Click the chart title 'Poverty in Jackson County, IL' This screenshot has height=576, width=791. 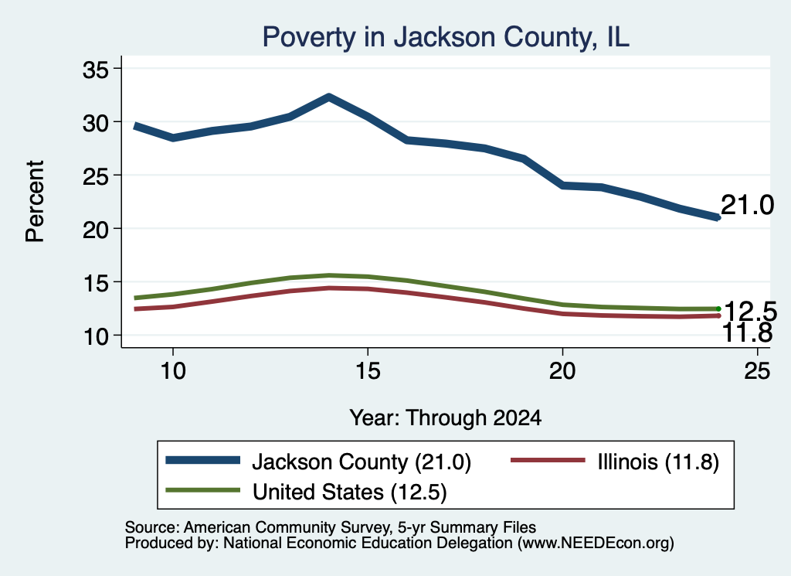pos(446,37)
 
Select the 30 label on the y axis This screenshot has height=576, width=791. pos(96,123)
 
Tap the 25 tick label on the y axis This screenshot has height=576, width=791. pos(96,176)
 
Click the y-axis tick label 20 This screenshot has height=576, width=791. pos(96,229)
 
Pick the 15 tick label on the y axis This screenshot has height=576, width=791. pos(96,283)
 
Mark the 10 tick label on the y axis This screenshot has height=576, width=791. pos(96,336)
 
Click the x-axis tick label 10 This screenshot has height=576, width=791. pos(173,371)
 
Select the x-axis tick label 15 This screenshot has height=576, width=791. pos(368,371)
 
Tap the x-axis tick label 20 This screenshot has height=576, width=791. pos(562,371)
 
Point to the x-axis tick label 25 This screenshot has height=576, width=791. pos(757,371)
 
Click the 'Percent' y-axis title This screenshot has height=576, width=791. pos(36,202)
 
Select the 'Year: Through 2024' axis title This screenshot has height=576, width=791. pos(446,418)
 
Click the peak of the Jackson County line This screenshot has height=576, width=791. pos(329,97)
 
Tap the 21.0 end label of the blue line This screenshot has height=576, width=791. pos(747,206)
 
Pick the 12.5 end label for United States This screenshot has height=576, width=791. pos(750,311)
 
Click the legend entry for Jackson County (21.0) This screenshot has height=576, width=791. pos(318,462)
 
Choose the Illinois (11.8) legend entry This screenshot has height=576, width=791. pos(615,462)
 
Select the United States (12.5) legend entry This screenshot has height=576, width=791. pos(306,491)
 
